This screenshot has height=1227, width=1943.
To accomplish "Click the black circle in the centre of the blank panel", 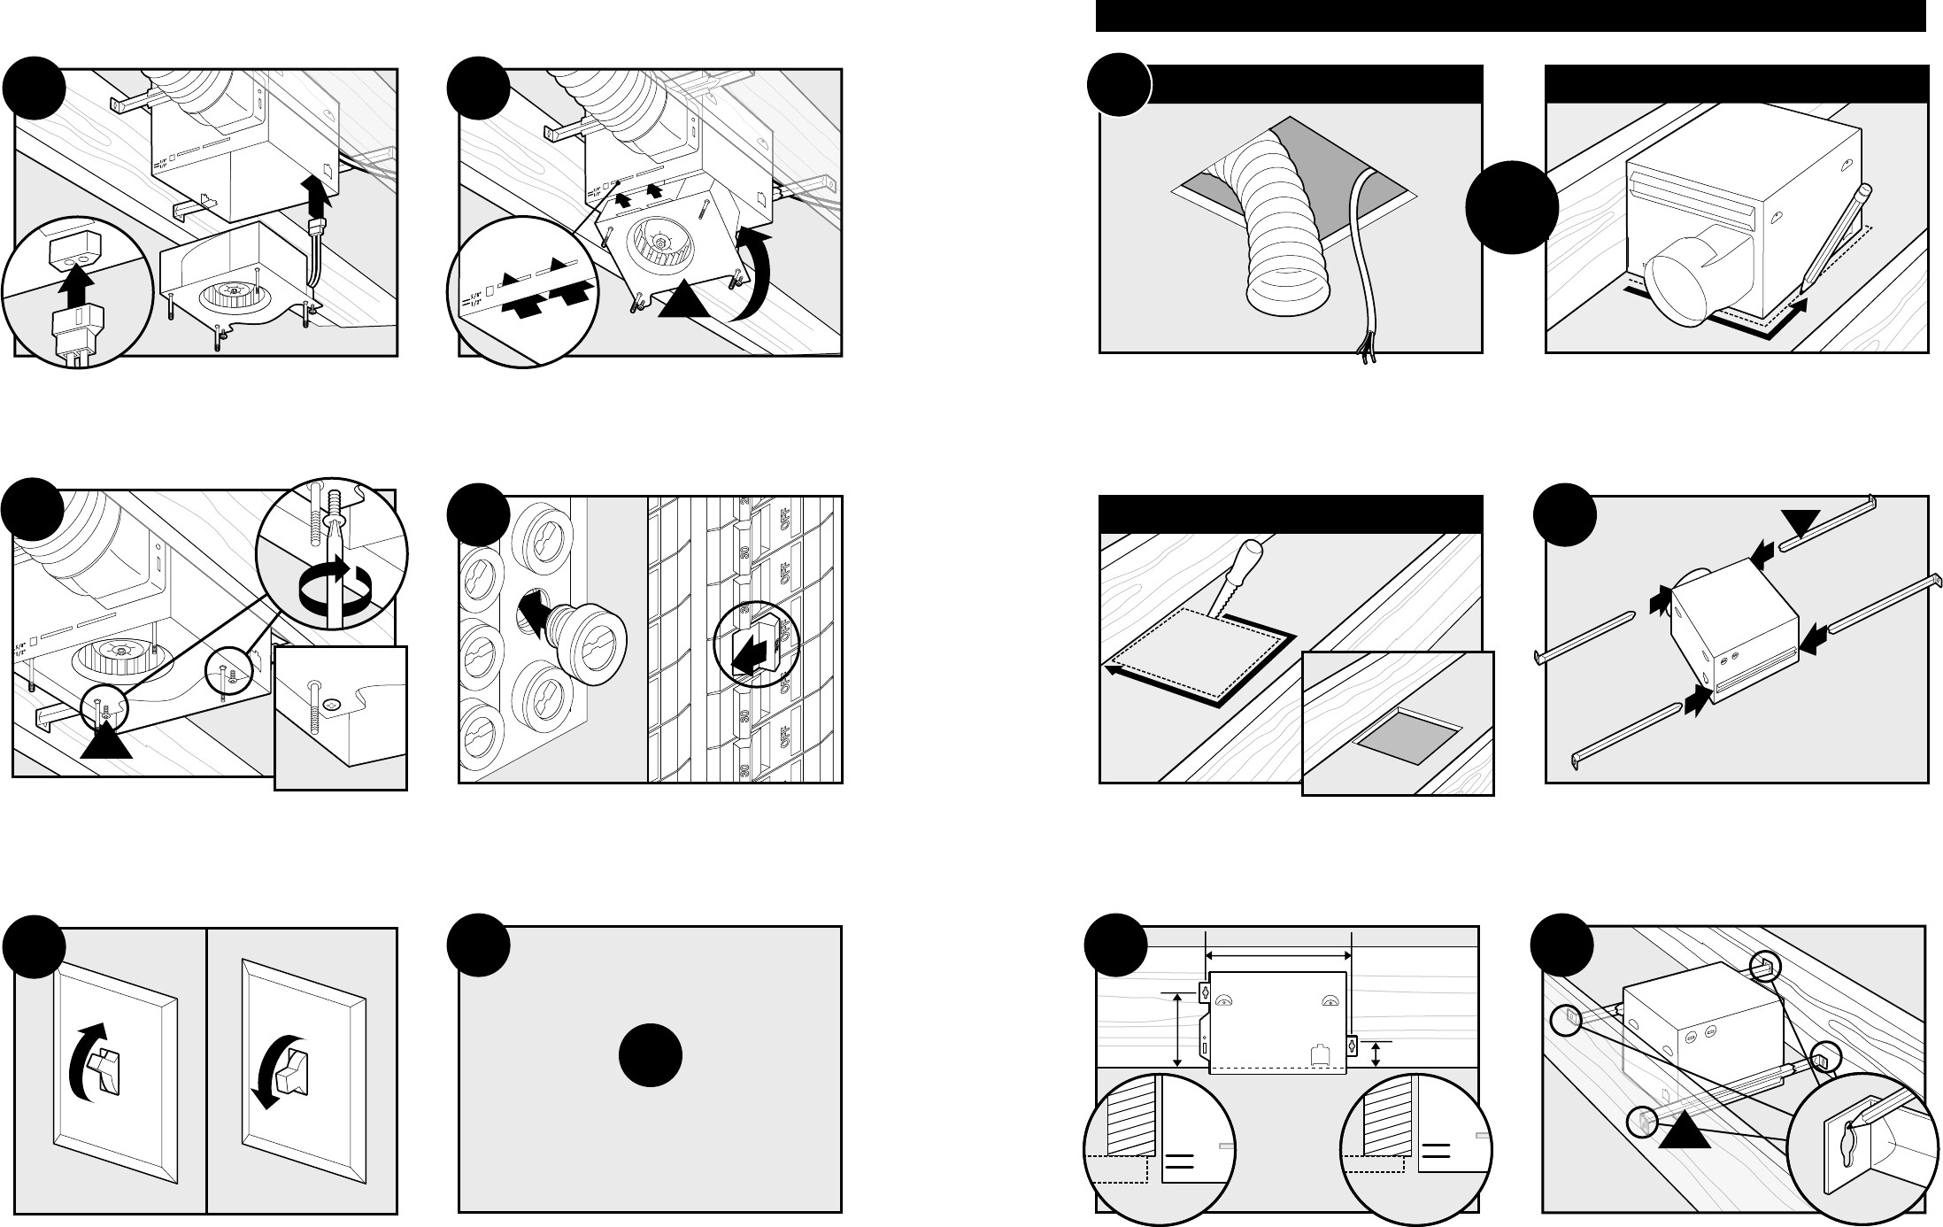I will coord(650,1055).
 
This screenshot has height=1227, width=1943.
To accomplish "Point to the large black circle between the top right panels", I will coord(1512,207).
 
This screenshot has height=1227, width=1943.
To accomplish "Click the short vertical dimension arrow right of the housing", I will coord(1375,1055).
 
